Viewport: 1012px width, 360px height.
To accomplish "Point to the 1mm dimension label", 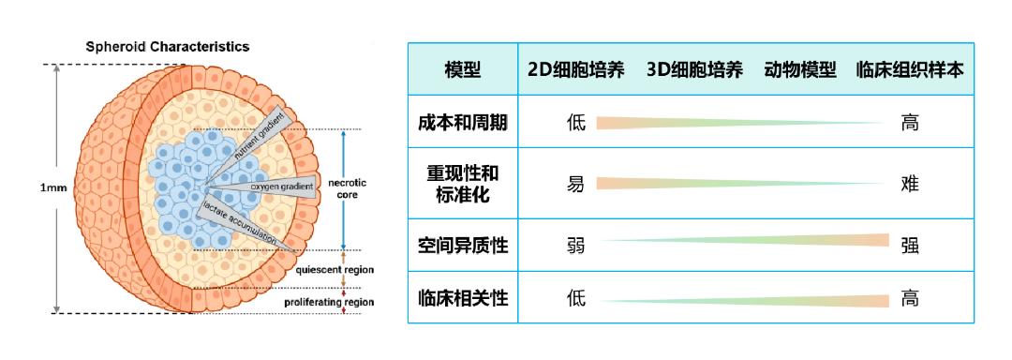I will [x=53, y=187].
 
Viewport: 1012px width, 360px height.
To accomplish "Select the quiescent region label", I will [x=335, y=270].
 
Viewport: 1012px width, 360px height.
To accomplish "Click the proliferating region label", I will [x=329, y=302].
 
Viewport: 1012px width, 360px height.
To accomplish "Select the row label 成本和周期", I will [x=463, y=123].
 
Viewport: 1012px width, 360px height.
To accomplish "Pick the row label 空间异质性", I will [x=463, y=246].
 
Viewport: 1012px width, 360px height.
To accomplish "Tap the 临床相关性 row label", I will [x=463, y=299].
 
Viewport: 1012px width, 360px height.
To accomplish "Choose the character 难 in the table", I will [x=910, y=184].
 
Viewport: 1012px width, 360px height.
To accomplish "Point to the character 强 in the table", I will [x=910, y=246].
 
